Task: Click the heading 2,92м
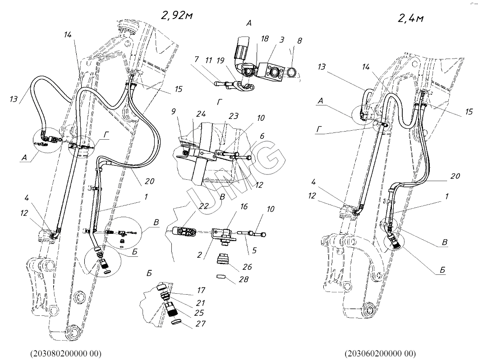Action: click(x=177, y=15)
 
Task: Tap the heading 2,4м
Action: click(x=410, y=18)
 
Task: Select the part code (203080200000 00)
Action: click(x=65, y=353)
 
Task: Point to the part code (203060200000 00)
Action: click(x=380, y=353)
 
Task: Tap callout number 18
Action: click(x=265, y=39)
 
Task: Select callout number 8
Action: click(x=299, y=41)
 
